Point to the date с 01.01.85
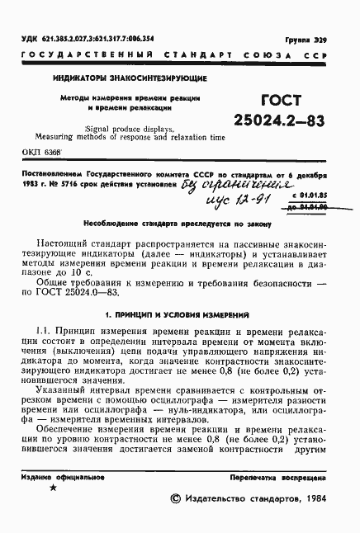tap(307, 195)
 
